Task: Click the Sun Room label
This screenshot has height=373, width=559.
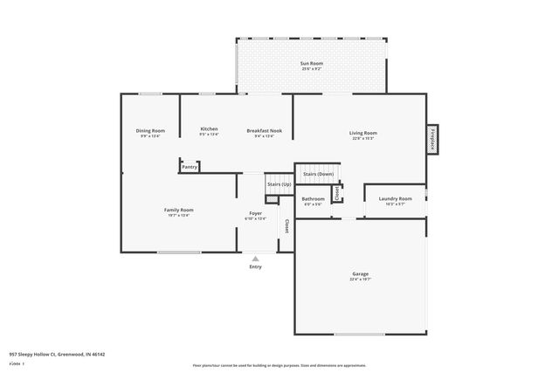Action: pyautogui.click(x=310, y=64)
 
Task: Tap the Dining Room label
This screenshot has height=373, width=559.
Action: pyautogui.click(x=150, y=130)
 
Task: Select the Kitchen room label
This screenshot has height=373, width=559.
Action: pyautogui.click(x=209, y=129)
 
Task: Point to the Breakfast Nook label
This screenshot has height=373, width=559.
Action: pyautogui.click(x=264, y=129)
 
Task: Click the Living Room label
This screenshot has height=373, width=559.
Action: pyautogui.click(x=363, y=132)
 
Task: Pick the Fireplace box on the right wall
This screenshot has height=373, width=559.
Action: pyautogui.click(x=431, y=140)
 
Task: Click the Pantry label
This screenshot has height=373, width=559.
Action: pyautogui.click(x=190, y=166)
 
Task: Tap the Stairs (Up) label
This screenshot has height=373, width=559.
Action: pyautogui.click(x=279, y=184)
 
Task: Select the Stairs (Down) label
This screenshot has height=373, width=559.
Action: pyautogui.click(x=318, y=174)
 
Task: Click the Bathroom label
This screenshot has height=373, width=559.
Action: pyautogui.click(x=313, y=198)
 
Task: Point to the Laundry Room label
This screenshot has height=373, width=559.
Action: pyautogui.click(x=395, y=198)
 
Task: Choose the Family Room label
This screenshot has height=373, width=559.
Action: pyautogui.click(x=178, y=210)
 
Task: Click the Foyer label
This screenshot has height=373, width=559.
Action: pyautogui.click(x=256, y=213)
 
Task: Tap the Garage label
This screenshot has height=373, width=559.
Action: pyautogui.click(x=360, y=274)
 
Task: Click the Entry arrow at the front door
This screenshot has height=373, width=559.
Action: pyautogui.click(x=255, y=259)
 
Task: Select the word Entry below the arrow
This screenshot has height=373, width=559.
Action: pyautogui.click(x=255, y=266)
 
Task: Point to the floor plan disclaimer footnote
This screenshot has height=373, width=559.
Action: pyautogui.click(x=279, y=365)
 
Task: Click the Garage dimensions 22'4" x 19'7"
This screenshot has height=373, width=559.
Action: pyautogui.click(x=360, y=280)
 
